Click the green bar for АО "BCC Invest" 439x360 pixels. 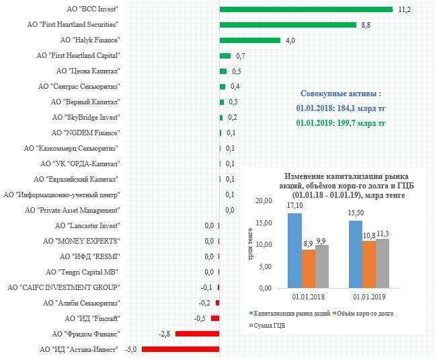pos(306,9)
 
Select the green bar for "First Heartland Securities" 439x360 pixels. pos(288,25)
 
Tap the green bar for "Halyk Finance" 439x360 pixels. pos(249,40)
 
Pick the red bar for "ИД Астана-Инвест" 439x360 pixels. pos(181,349)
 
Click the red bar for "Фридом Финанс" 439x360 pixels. pos(198,334)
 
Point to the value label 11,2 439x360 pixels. pos(404,9)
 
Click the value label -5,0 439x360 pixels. pos(130,349)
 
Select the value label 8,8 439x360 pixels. pos(366,25)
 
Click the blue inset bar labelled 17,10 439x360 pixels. pos(294,250)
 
